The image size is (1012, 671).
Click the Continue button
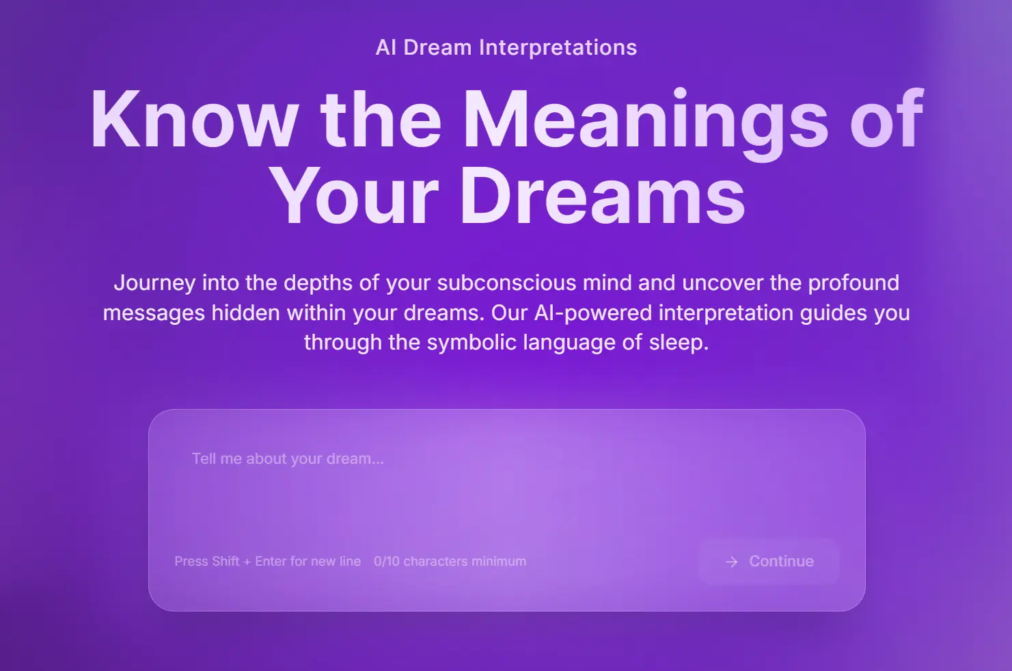coord(769,562)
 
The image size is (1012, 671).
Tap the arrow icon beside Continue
coord(732,562)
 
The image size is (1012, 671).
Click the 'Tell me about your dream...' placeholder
coord(288,459)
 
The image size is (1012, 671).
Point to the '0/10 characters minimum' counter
coord(450,562)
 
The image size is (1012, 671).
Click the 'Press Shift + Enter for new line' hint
coord(267,562)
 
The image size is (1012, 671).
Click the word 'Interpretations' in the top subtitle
coord(558,48)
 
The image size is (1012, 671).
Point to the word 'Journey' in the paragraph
coord(154,283)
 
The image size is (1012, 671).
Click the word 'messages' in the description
coord(154,313)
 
